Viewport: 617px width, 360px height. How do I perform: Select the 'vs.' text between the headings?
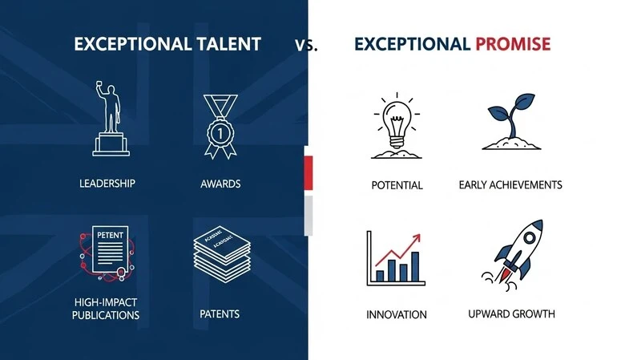pos(305,46)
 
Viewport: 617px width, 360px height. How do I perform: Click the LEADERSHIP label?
pos(107,184)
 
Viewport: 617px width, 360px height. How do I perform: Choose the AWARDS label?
pos(220,184)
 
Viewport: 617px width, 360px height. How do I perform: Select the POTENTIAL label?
pos(397,185)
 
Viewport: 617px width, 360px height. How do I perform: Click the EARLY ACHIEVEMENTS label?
pos(510,185)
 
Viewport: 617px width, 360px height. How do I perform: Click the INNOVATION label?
pos(397,313)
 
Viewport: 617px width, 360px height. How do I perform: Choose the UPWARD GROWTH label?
pos(511,313)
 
